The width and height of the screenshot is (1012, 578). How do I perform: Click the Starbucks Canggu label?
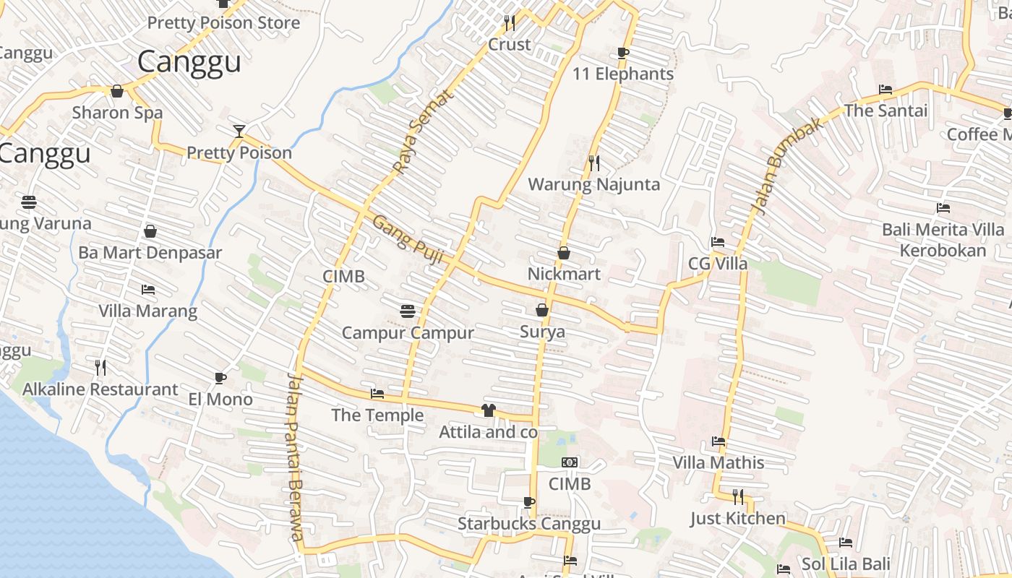tap(529, 524)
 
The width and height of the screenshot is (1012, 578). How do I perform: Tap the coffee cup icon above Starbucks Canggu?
tap(529, 502)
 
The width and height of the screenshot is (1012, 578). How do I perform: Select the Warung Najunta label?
tap(593, 184)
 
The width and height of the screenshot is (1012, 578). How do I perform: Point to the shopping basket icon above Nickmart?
tap(564, 253)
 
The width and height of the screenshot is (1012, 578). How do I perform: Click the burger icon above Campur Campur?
tap(408, 311)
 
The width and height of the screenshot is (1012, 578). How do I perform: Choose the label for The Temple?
tap(377, 415)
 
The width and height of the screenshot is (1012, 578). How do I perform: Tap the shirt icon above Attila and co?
tap(489, 410)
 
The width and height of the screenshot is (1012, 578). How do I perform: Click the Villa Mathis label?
tap(719, 462)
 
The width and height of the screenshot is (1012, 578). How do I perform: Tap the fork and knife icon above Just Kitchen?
tap(738, 496)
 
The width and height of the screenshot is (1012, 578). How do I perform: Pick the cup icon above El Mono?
tap(220, 378)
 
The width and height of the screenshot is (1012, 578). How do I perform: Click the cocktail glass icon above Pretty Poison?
tap(239, 131)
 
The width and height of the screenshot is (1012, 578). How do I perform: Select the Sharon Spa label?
tap(117, 113)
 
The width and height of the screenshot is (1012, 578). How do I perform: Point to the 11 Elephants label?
tap(623, 74)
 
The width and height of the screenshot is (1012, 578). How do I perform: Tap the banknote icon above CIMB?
tap(570, 462)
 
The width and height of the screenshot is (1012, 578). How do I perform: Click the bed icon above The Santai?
tap(885, 90)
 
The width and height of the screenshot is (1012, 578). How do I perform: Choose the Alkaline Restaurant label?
tap(100, 389)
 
